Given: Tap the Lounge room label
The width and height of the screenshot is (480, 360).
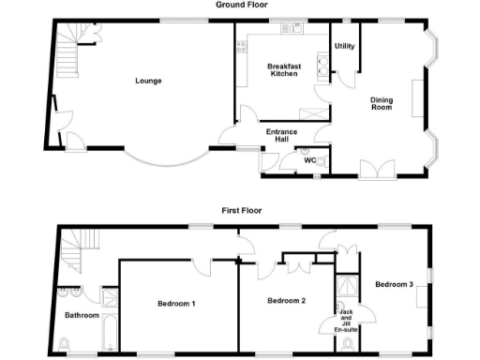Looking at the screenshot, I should point(147,81).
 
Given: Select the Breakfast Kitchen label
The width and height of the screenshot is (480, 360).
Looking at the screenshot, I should point(283,70).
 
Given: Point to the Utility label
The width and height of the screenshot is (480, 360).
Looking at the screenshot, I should point(344,46).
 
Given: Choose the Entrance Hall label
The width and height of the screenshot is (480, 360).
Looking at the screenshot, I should point(283,137).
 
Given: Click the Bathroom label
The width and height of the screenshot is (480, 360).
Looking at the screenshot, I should point(82,315).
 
